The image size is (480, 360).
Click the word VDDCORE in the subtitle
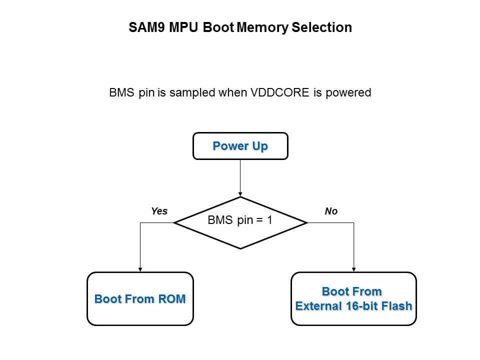(x=285, y=93)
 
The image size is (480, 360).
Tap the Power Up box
(x=240, y=146)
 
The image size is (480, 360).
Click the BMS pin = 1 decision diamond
(x=240, y=222)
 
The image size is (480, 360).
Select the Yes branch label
(x=159, y=211)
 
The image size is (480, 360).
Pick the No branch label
(x=331, y=211)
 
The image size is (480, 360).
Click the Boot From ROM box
(x=140, y=299)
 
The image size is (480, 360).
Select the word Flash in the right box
(x=398, y=306)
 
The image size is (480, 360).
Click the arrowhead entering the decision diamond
(x=240, y=194)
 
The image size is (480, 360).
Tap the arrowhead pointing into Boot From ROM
(x=140, y=269)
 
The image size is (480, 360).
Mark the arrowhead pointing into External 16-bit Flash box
(x=354, y=269)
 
